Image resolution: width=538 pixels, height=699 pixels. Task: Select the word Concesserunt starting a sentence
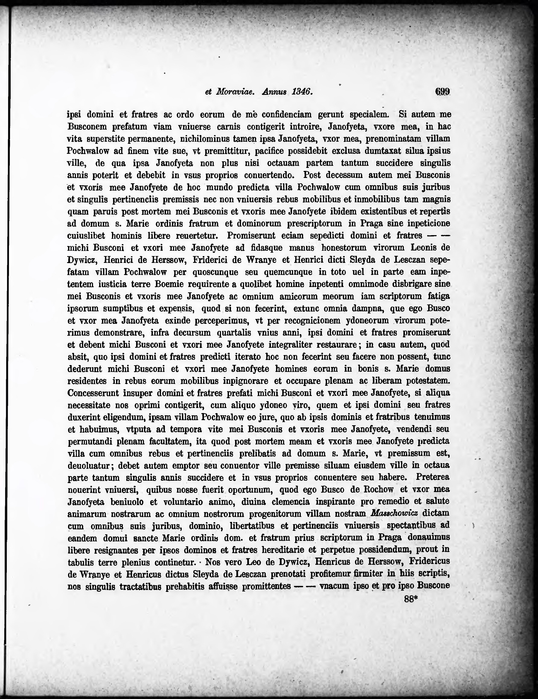pyautogui.click(x=93, y=393)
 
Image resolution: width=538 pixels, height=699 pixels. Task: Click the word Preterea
pyautogui.click(x=433, y=477)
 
